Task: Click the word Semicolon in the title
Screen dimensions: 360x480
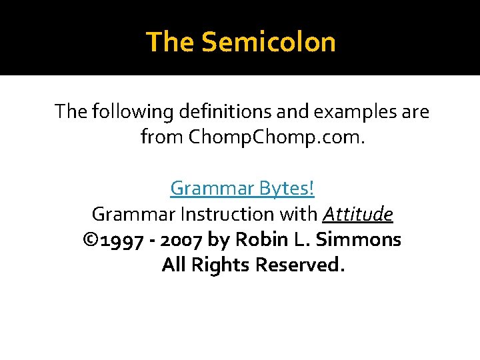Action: pyautogui.click(x=268, y=42)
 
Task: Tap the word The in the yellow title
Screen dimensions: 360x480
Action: pyautogui.click(x=170, y=42)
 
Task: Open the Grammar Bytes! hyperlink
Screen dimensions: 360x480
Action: pyautogui.click(x=242, y=188)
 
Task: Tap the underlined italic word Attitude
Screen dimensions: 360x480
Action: pyautogui.click(x=358, y=214)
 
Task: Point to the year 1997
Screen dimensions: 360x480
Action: pyautogui.click(x=121, y=239)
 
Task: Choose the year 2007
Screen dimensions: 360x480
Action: pyautogui.click(x=180, y=239)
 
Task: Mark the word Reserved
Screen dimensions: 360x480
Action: pyautogui.click(x=301, y=265)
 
